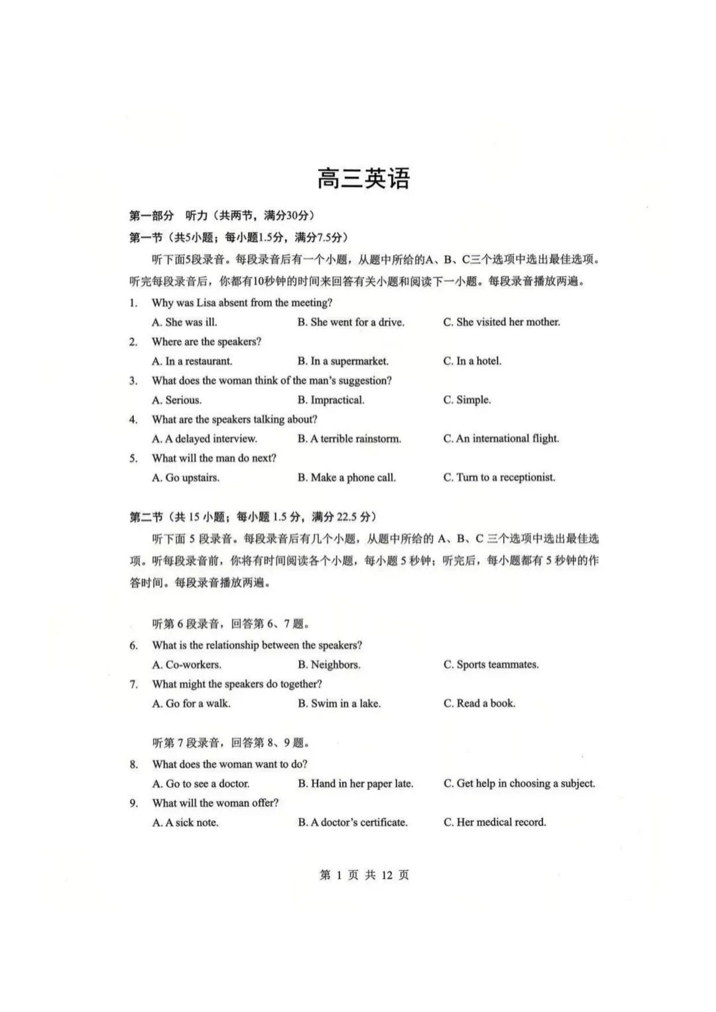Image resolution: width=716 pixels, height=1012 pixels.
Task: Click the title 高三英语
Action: [x=363, y=179]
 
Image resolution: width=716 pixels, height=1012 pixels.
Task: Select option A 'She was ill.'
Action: [x=184, y=322]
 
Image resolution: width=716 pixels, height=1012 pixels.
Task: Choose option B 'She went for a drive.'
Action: [x=351, y=322]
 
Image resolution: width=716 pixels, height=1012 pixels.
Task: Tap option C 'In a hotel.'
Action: [x=472, y=361]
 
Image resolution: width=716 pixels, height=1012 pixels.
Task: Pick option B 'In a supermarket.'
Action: [x=343, y=361]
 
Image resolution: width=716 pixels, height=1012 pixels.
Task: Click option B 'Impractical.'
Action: [x=331, y=400]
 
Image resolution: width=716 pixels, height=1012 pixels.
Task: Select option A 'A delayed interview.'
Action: [x=204, y=439]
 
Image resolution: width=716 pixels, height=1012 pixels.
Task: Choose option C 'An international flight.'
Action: [x=501, y=439]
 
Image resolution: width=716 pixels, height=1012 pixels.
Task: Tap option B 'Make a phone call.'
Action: [x=347, y=478]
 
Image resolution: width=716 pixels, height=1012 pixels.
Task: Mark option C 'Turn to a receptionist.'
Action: [x=499, y=478]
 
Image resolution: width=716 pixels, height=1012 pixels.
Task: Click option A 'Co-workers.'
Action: [x=187, y=665]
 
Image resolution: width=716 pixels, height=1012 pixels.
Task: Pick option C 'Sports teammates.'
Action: [x=491, y=665]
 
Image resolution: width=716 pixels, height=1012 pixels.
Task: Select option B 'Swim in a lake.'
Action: [x=339, y=704]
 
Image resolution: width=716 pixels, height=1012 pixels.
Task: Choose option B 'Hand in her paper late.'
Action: [x=355, y=784]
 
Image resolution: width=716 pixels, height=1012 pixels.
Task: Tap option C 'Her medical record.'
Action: [x=495, y=822]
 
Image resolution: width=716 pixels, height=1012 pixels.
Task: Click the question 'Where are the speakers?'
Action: [x=206, y=342]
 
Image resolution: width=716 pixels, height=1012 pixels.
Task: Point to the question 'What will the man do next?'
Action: [x=214, y=459]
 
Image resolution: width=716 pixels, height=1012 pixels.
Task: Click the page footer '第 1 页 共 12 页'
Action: [x=364, y=875]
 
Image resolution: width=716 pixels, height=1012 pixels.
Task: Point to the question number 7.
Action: [x=134, y=685]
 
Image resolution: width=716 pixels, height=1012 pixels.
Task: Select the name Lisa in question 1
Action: [x=206, y=303]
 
